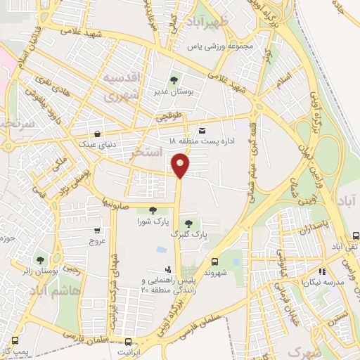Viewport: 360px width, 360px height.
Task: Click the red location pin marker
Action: pos(181,165)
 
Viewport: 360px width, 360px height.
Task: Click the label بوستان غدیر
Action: pos(174,91)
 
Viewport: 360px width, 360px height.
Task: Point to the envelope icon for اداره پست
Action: pos(202,131)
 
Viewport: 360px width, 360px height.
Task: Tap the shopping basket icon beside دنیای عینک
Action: pos(96,133)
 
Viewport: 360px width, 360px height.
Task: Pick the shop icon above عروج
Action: pos(97,230)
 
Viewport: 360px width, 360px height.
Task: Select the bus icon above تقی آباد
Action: pos(355,236)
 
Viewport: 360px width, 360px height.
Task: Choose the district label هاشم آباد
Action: pos(60,289)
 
